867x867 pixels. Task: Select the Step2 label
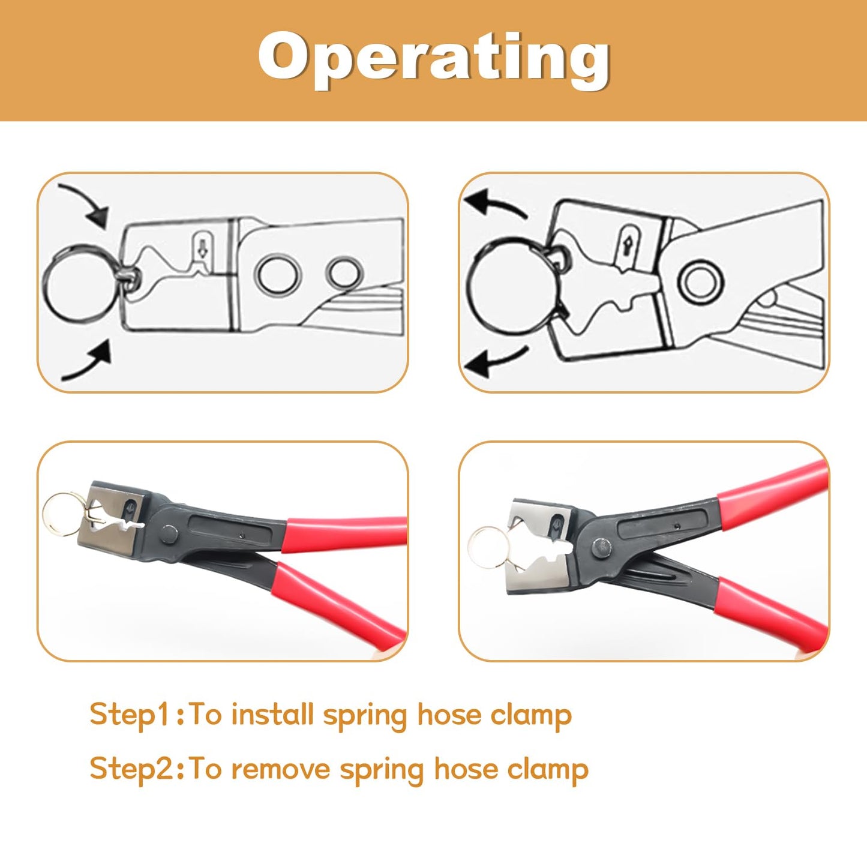click(x=133, y=769)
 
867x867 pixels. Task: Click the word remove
click(x=281, y=769)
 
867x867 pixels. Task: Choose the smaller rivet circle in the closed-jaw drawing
click(x=344, y=274)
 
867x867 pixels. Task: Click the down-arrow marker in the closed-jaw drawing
click(x=202, y=246)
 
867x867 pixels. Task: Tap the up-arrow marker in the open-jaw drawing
click(x=628, y=245)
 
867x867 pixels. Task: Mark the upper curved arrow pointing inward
click(x=85, y=204)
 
